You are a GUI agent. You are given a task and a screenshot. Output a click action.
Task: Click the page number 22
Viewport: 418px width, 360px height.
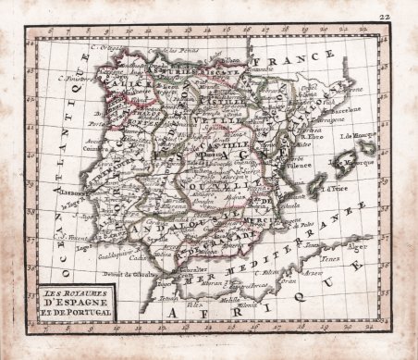coord(407,12)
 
